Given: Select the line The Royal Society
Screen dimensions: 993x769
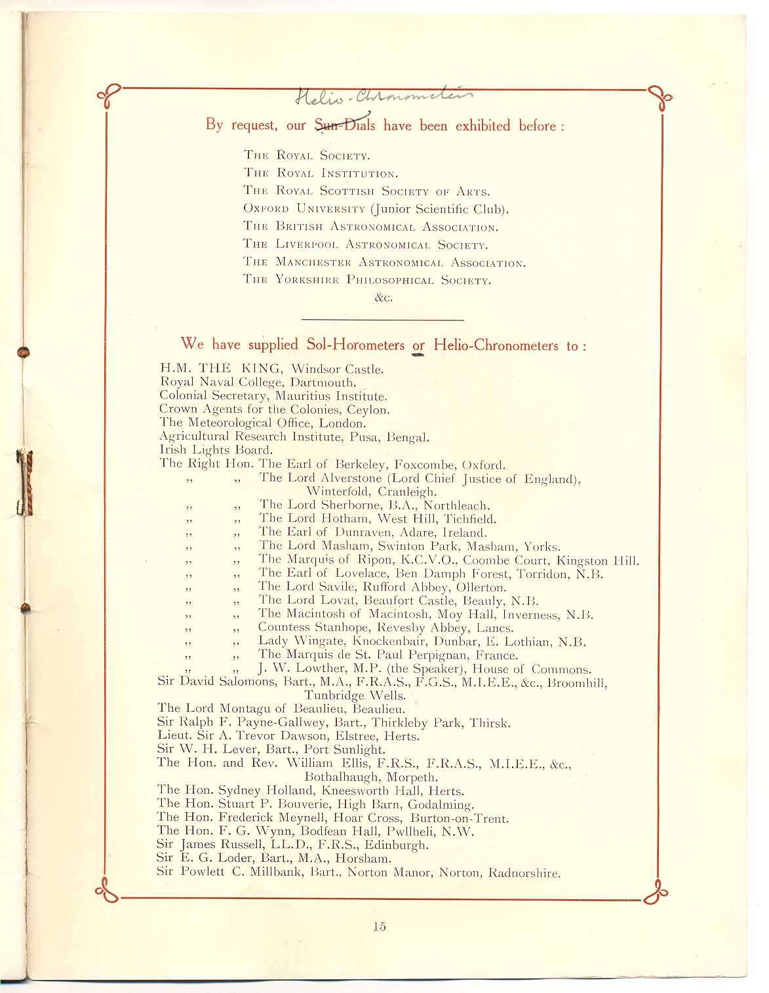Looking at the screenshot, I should point(307,156).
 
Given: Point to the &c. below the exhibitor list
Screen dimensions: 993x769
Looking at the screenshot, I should point(383,298).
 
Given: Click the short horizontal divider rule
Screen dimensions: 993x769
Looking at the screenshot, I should point(382,320).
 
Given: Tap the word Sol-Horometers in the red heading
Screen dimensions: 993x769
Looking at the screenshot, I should point(355,345).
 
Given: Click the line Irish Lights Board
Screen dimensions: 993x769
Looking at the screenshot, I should point(216,450).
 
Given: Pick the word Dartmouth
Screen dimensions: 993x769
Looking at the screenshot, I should point(323,382).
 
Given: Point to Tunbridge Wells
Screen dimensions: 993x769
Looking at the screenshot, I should point(355,695).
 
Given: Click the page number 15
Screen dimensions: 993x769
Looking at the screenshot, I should point(380,926).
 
